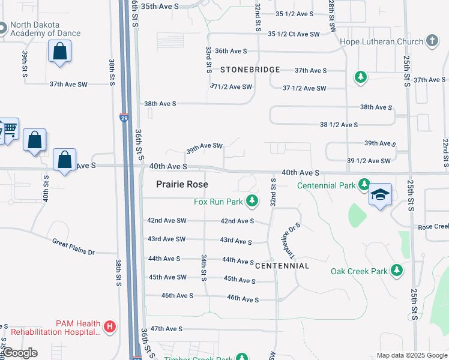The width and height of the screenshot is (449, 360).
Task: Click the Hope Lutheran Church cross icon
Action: pyautogui.click(x=431, y=41)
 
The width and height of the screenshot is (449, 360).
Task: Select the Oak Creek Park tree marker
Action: pyautogui.click(x=396, y=271)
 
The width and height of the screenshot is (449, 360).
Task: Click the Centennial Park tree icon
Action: pyautogui.click(x=364, y=185)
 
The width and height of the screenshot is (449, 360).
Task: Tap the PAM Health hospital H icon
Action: pyautogui.click(x=109, y=327)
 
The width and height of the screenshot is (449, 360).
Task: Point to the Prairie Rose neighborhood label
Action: pyautogui.click(x=182, y=184)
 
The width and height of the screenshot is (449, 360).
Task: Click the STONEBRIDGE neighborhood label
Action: pyautogui.click(x=250, y=70)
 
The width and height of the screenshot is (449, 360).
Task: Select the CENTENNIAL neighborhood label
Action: pyautogui.click(x=282, y=265)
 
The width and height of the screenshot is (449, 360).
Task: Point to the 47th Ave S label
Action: pyautogui.click(x=166, y=329)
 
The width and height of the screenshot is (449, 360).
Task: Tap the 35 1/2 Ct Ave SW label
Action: pyautogui.click(x=294, y=34)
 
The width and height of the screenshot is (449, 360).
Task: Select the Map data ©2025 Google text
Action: pyautogui.click(x=411, y=355)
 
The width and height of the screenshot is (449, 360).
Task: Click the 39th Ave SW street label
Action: pyautogui.click(x=204, y=146)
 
